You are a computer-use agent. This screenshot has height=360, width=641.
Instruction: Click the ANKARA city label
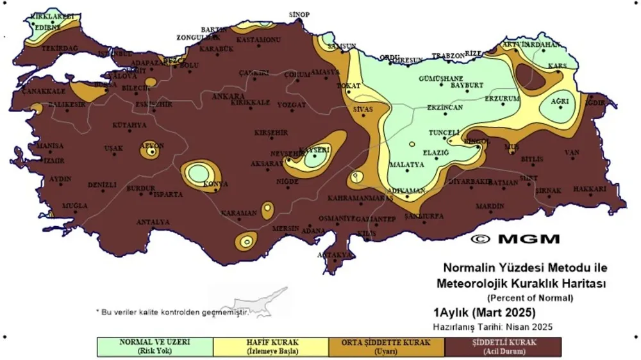224,97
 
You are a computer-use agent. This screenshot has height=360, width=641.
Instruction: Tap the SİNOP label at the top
299,15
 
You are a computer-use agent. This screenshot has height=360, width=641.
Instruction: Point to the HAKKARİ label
589,190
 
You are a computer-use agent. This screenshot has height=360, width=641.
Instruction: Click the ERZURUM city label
501,99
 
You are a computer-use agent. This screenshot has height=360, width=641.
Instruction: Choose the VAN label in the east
571,152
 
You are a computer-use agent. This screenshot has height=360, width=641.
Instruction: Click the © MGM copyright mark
515,239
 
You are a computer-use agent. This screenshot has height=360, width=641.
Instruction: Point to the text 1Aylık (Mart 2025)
484,313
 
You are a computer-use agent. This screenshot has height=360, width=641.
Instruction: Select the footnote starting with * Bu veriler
172,311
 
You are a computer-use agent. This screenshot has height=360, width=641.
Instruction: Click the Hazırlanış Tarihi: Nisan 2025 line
493,327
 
